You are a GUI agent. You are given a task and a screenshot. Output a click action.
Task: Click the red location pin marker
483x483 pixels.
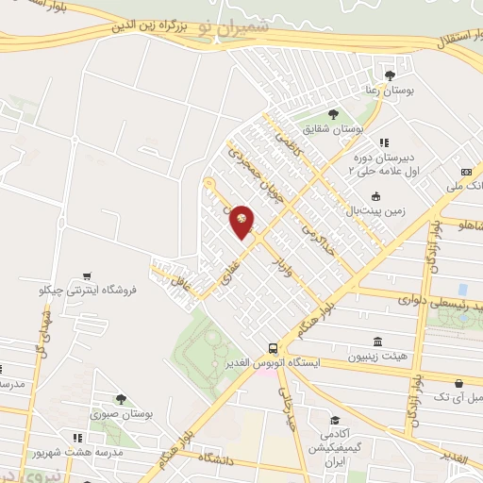[x=242, y=220]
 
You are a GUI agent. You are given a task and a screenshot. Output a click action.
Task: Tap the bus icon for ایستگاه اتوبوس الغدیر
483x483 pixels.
[x=273, y=347]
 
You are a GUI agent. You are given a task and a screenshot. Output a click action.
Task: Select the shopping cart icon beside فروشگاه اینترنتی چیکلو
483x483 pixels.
[x=87, y=276]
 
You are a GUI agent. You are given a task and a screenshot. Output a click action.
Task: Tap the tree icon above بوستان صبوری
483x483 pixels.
[x=120, y=400]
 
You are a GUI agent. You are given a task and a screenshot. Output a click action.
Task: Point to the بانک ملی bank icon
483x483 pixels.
[x=466, y=173]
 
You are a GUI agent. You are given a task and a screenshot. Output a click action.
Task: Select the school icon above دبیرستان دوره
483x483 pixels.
[x=383, y=142]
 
